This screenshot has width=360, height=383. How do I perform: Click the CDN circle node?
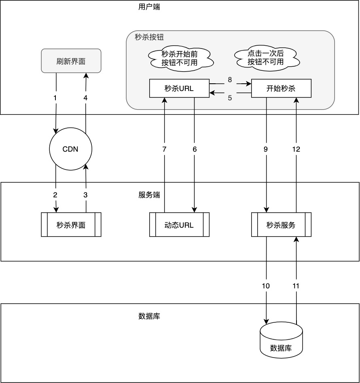pos(71,149)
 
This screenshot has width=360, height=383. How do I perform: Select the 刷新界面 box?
pos(71,61)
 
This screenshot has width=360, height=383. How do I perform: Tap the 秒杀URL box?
pos(179,89)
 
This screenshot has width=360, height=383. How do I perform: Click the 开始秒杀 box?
pos(281,89)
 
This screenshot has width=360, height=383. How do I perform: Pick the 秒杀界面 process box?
pos(71,225)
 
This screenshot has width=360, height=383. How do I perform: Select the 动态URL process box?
pos(179,225)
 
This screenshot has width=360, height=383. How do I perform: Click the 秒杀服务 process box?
pos(281,225)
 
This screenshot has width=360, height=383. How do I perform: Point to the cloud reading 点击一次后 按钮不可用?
pos(266,58)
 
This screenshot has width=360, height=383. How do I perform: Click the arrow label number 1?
pos(55,98)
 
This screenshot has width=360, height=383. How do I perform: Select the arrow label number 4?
pos(85,98)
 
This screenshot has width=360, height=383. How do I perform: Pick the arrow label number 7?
pos(164,149)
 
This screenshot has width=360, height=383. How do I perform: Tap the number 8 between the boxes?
pos(230,80)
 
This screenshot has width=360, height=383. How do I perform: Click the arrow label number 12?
pos(296,149)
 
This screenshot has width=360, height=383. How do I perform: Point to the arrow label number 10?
pos(266,286)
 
